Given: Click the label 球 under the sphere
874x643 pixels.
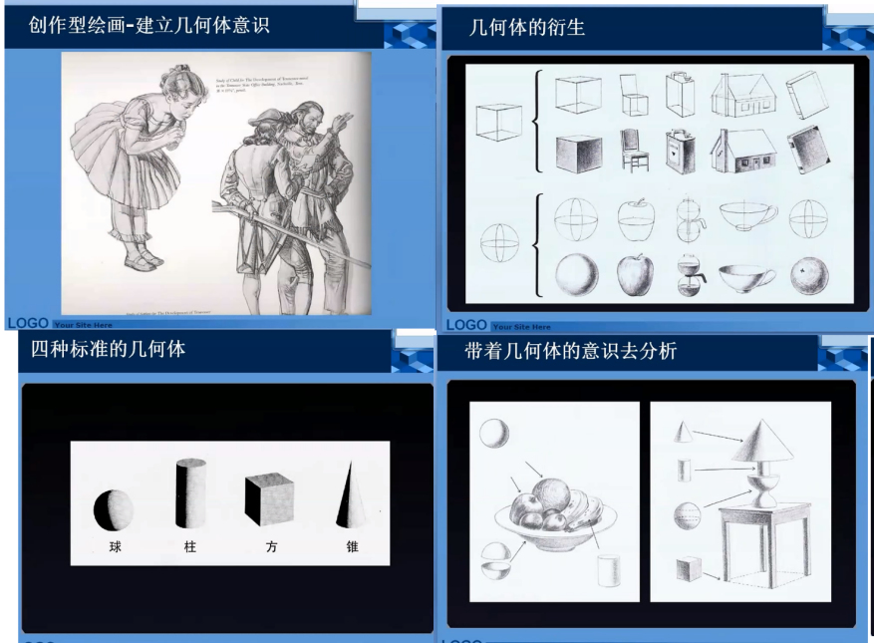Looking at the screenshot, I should (x=116, y=546).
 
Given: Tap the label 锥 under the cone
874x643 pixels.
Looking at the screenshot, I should (x=352, y=546).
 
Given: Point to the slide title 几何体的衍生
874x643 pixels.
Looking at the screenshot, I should (x=527, y=28).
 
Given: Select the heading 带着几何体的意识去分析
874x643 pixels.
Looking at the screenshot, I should (x=571, y=351).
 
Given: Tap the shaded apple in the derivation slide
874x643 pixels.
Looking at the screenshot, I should (x=635, y=274).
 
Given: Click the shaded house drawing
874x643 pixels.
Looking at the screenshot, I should (x=742, y=151).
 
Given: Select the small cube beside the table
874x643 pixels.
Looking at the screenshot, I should (x=689, y=569).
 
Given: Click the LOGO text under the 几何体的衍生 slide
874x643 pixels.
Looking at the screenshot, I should (x=466, y=325).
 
